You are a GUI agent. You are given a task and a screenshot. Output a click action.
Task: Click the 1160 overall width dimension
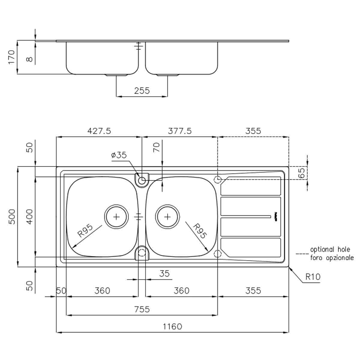pyautogui.click(x=172, y=326)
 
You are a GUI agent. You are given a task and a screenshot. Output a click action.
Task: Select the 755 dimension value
pyautogui.click(x=142, y=309)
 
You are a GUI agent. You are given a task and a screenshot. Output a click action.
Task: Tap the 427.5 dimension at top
pyautogui.click(x=99, y=131)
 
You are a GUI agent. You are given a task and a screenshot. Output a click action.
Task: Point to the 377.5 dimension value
pyautogui.click(x=180, y=131)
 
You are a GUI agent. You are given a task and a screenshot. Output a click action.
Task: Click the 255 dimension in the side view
pyautogui.click(x=142, y=90)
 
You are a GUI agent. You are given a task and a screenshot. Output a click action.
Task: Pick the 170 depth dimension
pyautogui.click(x=11, y=57)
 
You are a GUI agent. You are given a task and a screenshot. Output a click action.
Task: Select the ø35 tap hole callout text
pyautogui.click(x=119, y=155)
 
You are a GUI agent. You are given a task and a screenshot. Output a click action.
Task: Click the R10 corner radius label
pyautogui.click(x=313, y=277)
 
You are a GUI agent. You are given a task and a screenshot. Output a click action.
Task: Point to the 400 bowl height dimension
pyautogui.click(x=29, y=217)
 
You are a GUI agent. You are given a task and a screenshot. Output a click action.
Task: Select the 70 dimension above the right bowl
pyautogui.click(x=157, y=147)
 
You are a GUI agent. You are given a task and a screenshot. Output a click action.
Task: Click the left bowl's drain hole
pyautogui.click(x=116, y=217)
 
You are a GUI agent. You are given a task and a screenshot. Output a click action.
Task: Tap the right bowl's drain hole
pyautogui.click(x=167, y=217)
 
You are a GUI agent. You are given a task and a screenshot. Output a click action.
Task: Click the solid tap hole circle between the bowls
pyautogui.click(x=142, y=180)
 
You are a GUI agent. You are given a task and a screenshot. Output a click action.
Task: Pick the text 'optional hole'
pyautogui.click(x=330, y=250)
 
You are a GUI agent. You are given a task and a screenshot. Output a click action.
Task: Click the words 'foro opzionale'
pyautogui.click(x=332, y=258)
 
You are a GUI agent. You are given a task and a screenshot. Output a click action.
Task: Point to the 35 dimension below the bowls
pyautogui.click(x=164, y=274)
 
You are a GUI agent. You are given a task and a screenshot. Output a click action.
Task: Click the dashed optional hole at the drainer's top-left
pyautogui.click(x=218, y=180)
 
